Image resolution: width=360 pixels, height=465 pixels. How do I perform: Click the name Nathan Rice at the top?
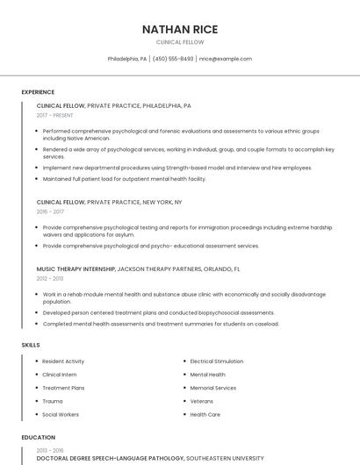pos(179,29)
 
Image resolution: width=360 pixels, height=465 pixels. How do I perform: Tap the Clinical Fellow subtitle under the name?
pos(179,42)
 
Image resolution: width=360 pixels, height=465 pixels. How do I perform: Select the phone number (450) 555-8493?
pos(173,59)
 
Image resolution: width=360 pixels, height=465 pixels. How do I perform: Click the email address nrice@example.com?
pos(226,59)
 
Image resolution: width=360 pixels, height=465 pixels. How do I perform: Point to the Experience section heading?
pos(38,92)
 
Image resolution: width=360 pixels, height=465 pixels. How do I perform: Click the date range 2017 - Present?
pos(55,115)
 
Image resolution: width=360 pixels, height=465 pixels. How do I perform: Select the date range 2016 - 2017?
pos(51,211)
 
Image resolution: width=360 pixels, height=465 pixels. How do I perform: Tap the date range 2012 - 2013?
pos(50,278)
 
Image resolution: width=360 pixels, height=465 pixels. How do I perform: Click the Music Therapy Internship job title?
pos(76,268)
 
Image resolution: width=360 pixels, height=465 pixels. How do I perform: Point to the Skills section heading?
pos(31,345)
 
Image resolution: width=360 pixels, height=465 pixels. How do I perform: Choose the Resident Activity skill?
pos(63,361)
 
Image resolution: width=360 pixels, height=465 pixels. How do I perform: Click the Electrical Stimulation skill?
pos(216,361)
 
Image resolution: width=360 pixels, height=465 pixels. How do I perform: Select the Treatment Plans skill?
pos(63,388)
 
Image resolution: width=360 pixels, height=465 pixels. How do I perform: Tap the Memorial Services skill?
pos(212,388)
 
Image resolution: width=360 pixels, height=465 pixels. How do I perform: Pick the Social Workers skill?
pos(61,414)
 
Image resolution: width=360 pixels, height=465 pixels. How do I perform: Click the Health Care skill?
pos(205,414)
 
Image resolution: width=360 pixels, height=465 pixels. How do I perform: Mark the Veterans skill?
pos(202,401)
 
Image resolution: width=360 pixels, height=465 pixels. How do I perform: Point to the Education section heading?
pos(38,437)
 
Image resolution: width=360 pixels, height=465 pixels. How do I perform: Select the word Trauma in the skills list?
pos(53,401)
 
